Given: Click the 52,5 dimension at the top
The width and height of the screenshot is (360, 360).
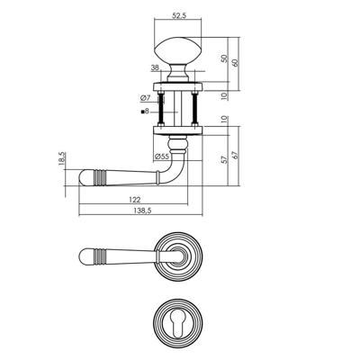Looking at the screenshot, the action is [179, 16].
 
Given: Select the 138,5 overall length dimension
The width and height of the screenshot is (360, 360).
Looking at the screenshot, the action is [140, 211].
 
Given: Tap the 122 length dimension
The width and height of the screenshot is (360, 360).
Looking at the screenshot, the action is [134, 199].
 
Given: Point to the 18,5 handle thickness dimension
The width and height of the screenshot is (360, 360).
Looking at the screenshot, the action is [61, 158].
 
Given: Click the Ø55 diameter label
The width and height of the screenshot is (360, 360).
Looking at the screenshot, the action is [161, 157].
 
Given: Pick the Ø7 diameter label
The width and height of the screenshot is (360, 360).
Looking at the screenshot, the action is [145, 97].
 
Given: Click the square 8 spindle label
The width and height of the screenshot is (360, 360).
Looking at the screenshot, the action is [145, 112].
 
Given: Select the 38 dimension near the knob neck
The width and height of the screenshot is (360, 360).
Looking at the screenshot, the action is [155, 68].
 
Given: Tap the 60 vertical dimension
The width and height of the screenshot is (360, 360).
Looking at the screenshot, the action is [236, 63].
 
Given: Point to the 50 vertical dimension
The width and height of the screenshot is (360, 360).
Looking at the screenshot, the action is [224, 58].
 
